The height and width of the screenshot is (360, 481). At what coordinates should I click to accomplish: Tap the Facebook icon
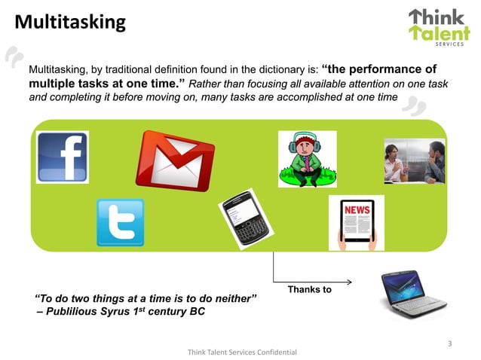(63, 157)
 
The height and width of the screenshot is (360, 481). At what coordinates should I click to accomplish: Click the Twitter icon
(120, 222)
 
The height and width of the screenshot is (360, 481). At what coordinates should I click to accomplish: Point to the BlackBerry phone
(245, 219)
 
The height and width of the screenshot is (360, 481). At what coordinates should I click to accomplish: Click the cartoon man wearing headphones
(306, 159)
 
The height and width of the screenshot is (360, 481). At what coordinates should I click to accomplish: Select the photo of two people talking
(414, 161)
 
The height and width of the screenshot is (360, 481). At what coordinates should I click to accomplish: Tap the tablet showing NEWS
(356, 223)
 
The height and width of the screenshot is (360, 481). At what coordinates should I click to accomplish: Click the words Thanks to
(309, 290)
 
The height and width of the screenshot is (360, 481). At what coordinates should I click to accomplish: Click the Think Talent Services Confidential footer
(242, 352)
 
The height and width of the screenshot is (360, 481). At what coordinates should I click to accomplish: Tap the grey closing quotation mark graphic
(414, 108)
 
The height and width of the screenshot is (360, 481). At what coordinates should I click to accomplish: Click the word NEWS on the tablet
(357, 209)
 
